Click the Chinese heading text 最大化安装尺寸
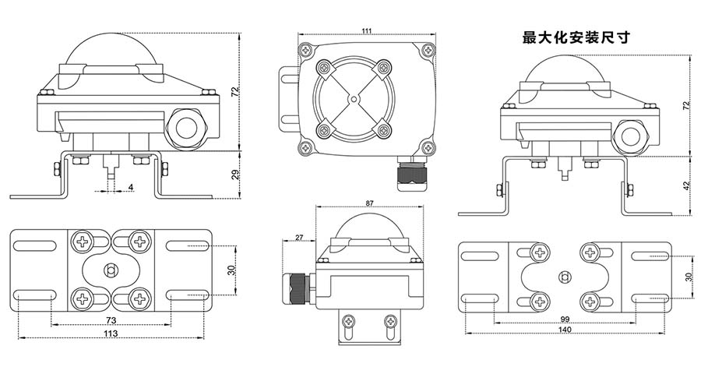click(575, 36)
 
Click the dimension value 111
click(366, 30)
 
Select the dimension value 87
click(368, 203)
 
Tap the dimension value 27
click(299, 238)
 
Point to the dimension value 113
click(110, 333)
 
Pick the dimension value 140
click(565, 330)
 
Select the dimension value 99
click(565, 319)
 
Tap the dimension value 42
click(687, 185)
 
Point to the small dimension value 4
click(130, 187)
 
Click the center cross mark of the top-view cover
click(353, 99)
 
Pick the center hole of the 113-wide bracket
click(110, 270)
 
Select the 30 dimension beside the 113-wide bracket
click(231, 270)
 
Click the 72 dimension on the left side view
click(236, 91)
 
